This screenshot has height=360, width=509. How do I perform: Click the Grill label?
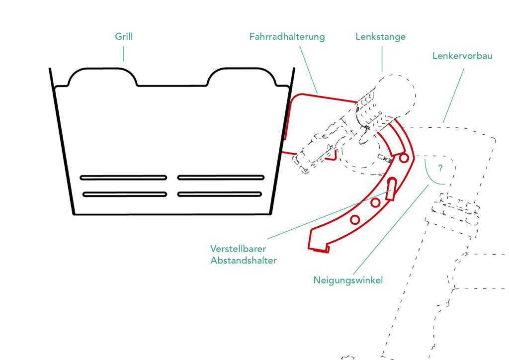tap(124, 37)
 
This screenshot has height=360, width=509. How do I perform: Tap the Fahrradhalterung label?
tap(287, 37)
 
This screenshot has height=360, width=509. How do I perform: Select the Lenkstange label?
tap(381, 37)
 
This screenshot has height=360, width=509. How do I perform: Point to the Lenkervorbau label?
tap(462, 56)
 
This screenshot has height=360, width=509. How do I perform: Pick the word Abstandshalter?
tap(244, 261)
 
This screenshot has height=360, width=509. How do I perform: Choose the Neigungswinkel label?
tap(348, 280)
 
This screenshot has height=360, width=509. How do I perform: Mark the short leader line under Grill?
tap(123, 54)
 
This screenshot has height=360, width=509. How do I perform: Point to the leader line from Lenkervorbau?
tap(454, 95)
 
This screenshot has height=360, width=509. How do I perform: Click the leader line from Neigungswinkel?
tap(391, 229)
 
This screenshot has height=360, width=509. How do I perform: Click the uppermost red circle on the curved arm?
tap(404, 158)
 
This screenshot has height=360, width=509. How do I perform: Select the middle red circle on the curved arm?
tap(376, 202)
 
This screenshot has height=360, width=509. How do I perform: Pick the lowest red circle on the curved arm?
tap(355, 219)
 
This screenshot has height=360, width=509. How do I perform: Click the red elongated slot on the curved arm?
tap(392, 188)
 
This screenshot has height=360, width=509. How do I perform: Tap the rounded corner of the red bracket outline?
tap(294, 97)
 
